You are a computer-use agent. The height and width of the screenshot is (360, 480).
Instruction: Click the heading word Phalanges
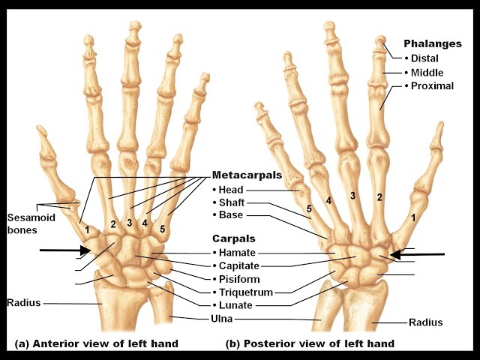[431, 44]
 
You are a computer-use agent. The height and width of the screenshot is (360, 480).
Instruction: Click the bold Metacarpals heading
[247, 175]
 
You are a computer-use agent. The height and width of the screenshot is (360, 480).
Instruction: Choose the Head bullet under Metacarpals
[230, 190]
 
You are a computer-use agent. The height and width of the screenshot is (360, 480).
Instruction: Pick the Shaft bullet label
[232, 202]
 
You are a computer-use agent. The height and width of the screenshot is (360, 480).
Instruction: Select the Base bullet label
[230, 215]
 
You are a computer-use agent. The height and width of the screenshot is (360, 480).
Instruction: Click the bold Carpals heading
[233, 238]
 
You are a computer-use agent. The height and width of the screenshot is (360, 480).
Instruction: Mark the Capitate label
[238, 265]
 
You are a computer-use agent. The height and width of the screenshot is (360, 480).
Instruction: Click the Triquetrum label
[244, 292]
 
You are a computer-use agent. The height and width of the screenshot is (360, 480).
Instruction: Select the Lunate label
[235, 305]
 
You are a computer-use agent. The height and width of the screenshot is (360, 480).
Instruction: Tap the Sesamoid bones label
[27, 223]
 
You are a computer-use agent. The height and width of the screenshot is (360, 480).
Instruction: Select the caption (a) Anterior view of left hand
[97, 343]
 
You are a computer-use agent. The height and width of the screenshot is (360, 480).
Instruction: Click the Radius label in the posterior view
[425, 322]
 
